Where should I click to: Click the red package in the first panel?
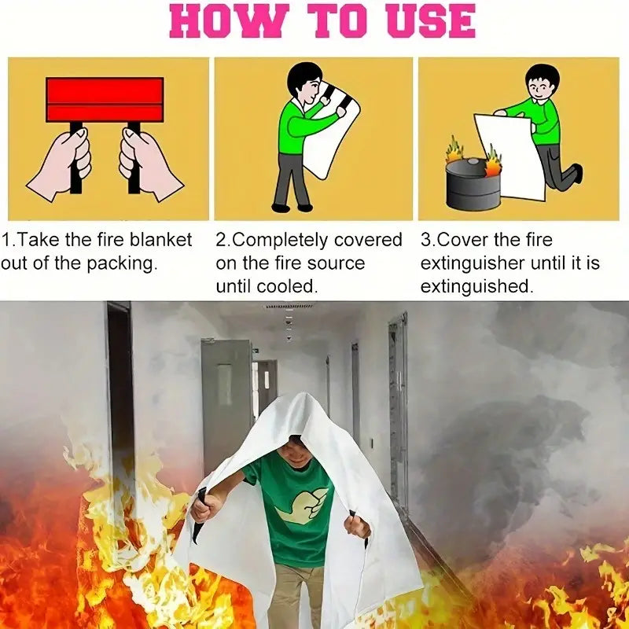[105, 99]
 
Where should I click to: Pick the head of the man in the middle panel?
[303, 81]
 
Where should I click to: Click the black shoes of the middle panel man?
[291, 208]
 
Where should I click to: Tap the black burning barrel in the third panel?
[472, 185]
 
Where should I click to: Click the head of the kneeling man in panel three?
[541, 82]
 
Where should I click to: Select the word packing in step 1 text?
[122, 263]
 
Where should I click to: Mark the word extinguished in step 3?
[476, 287]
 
